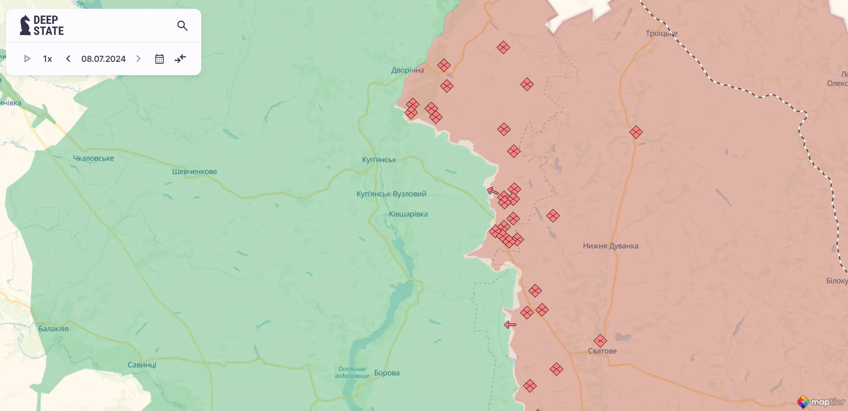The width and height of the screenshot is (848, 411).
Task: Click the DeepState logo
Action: click(42, 25)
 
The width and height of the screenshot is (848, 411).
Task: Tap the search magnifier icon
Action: click(182, 26)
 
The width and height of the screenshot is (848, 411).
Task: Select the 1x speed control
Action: click(47, 59)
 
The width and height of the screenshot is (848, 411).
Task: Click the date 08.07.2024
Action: click(103, 59)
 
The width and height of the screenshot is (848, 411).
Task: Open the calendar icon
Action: click(159, 59)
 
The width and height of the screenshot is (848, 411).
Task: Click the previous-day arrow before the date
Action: click(68, 59)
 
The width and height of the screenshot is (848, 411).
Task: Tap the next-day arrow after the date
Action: click(138, 59)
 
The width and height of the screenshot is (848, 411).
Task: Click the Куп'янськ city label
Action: click(379, 160)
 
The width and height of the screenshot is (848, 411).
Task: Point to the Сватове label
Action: click(602, 351)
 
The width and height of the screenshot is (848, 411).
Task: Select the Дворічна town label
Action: click(407, 70)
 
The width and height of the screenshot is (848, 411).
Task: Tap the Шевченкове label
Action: click(194, 172)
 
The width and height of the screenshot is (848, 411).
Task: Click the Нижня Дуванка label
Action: click(610, 246)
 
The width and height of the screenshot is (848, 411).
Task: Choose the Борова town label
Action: click(387, 373)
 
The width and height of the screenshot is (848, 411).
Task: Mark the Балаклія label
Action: click(54, 329)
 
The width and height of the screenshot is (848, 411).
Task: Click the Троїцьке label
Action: click(661, 33)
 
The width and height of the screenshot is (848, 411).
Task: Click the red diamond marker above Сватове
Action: click(600, 341)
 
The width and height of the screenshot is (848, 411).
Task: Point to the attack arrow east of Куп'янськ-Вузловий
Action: click(493, 191)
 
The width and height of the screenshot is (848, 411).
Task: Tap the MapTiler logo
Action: click(822, 402)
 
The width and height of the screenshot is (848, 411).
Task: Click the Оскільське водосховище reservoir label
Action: click(352, 372)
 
